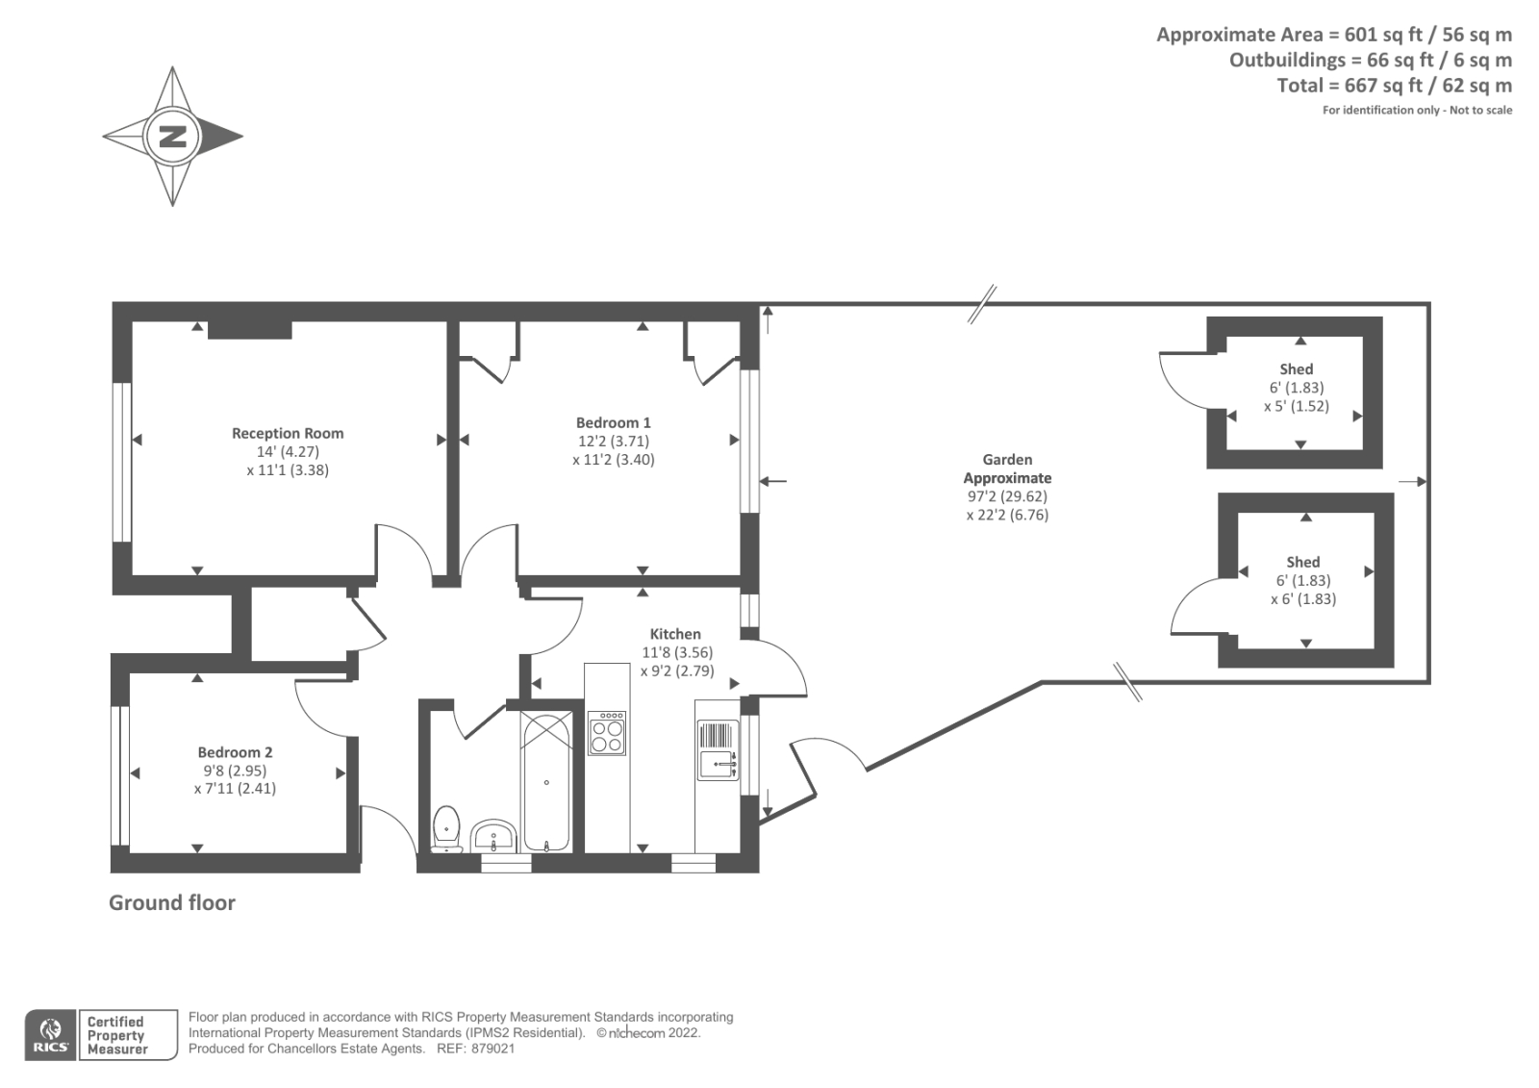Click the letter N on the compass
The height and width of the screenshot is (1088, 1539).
[173, 136]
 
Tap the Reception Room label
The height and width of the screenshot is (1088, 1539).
[288, 434]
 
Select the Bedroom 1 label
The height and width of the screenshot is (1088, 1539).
[614, 422]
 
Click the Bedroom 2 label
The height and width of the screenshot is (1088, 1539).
[236, 752]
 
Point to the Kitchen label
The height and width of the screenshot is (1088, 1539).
[675, 634]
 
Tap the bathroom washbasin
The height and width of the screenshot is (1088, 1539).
[494, 836]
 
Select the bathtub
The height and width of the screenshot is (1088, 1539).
[546, 781]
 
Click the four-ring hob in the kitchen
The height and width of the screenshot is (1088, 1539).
[607, 733]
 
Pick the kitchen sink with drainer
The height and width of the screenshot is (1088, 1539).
[718, 751]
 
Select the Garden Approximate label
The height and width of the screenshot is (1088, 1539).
[1007, 468]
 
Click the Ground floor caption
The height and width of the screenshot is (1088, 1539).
[172, 902]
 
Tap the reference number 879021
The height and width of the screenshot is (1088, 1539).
[490, 1049]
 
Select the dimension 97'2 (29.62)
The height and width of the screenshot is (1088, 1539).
[1007, 496]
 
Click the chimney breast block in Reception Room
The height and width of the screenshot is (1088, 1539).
[250, 330]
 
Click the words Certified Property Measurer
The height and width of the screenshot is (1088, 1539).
[116, 1035]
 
